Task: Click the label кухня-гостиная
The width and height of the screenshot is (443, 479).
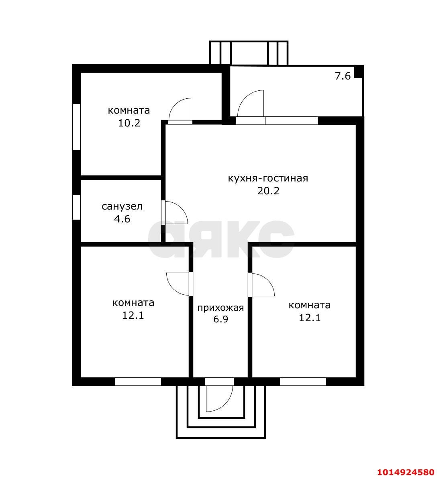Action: coord(268,178)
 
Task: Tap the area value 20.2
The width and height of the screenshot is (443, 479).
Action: coord(268,191)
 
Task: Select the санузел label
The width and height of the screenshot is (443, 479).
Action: coord(122,206)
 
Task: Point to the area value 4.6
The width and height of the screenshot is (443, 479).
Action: coord(122,219)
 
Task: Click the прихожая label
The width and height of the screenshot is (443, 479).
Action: coord(220,308)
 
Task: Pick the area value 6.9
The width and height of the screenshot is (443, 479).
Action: coord(220,319)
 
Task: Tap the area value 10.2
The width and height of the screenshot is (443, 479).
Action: coord(129,123)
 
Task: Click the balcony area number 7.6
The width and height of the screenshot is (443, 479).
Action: coord(343,76)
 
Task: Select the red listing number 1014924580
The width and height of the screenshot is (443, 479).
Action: coord(406,472)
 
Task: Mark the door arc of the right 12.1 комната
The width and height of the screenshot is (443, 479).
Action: coord(269,280)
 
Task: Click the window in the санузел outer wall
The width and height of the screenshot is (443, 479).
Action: coord(76,207)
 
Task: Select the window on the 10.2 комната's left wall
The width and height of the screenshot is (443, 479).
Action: coord(76,127)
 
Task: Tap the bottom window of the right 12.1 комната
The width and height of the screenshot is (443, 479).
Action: coord(303,381)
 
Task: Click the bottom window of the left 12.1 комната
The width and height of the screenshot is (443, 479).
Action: coord(138,381)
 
